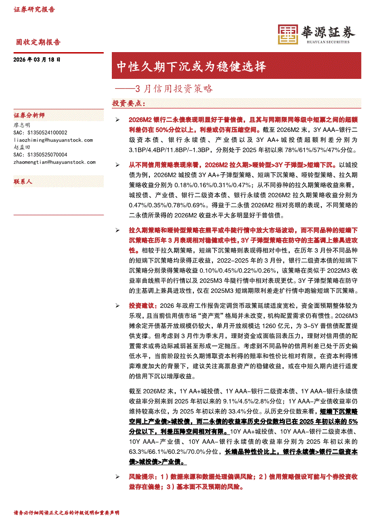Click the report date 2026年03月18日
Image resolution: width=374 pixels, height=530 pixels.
point(37,59)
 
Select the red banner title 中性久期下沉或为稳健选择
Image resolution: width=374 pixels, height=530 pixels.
point(191,67)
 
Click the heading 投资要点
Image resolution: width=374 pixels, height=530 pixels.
point(129,104)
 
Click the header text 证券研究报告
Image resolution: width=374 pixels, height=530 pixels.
point(34,10)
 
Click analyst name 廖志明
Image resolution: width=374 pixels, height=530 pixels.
point(22,125)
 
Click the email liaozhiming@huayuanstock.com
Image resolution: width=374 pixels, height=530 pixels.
point(53,140)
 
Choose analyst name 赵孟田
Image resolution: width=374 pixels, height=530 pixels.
point(22,147)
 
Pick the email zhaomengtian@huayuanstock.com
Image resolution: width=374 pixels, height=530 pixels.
point(55,162)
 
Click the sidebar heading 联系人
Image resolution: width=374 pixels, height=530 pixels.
point(23,182)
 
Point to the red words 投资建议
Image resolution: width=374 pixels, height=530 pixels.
point(142,306)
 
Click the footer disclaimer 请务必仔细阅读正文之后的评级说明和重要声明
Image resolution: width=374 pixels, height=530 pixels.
point(67,513)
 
